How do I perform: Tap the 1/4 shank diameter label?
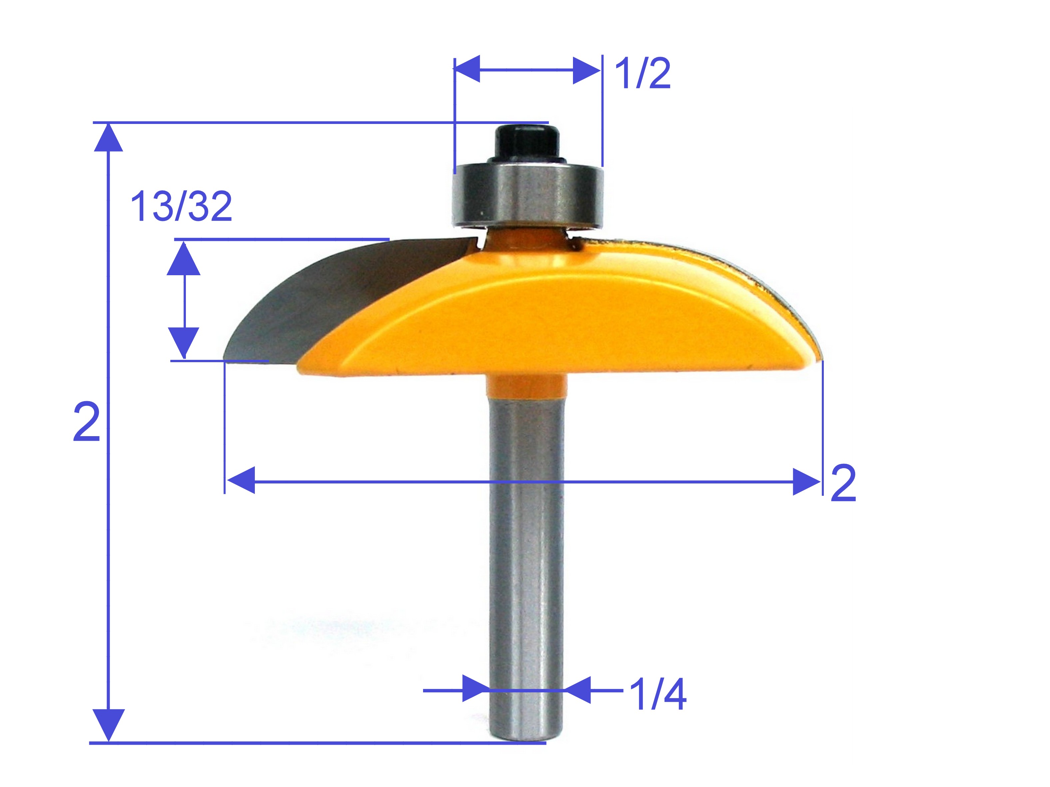658,694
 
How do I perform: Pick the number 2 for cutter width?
843,483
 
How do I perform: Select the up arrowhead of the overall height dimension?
109,138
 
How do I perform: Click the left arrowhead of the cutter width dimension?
241,481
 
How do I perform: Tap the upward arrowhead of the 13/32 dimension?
184,259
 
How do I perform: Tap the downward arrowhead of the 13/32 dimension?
184,342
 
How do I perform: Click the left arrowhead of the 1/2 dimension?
467,69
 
